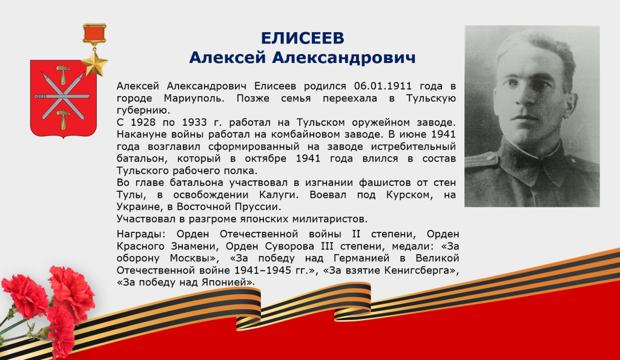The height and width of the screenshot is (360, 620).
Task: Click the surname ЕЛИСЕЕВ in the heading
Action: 303,38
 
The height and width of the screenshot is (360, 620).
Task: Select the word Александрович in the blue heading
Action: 344,57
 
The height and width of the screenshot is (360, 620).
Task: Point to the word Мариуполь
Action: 194,98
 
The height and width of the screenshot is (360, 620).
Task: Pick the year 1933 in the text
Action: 197,122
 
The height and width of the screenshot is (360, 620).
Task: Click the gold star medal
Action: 94,64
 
